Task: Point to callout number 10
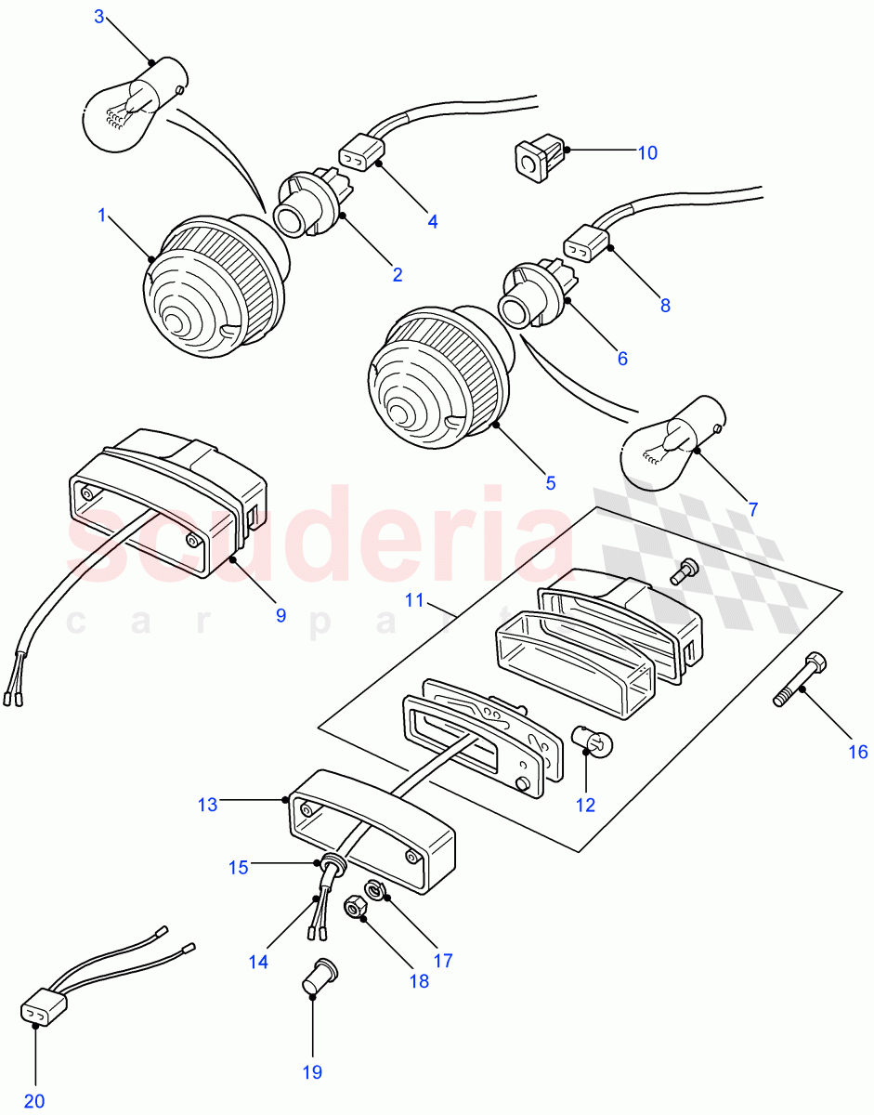pyautogui.click(x=646, y=152)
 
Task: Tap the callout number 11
pyautogui.click(x=413, y=601)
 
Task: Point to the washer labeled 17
pyautogui.click(x=375, y=889)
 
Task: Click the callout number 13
pyautogui.click(x=207, y=805)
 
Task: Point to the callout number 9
pyautogui.click(x=280, y=615)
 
